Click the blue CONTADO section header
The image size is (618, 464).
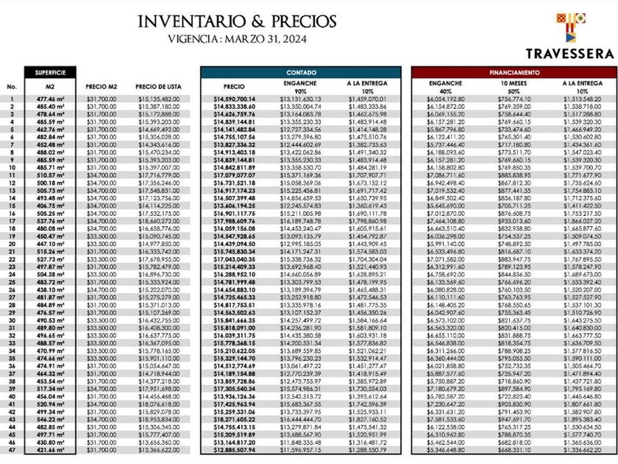(x=301, y=73)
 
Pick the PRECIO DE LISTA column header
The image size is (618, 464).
(x=156, y=86)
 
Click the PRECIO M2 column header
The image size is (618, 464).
(x=101, y=86)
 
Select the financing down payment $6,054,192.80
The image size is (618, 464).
(x=445, y=98)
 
